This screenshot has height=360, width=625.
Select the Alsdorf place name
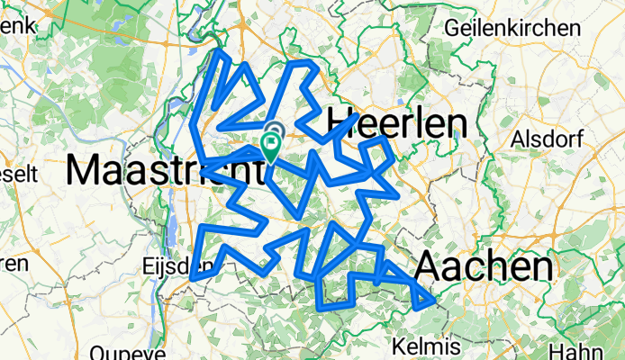coord(546,139)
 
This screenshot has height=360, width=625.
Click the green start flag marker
coord(271,145)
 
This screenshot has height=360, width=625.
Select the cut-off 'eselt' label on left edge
coord(19,172)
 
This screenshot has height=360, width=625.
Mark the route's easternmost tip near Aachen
coord(435,299)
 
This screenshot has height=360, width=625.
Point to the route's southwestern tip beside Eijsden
coord(193,280)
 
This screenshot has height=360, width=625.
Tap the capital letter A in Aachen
coord(430,267)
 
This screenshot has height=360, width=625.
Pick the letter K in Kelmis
coord(401,346)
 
